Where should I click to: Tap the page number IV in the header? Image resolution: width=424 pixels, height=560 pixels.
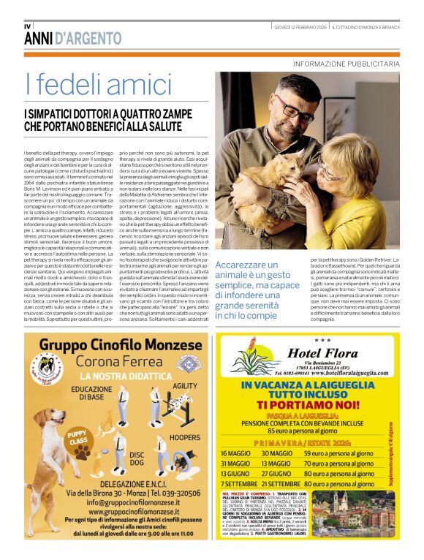coord(28,27)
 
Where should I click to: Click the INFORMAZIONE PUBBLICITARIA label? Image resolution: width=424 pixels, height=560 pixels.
coord(346,64)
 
